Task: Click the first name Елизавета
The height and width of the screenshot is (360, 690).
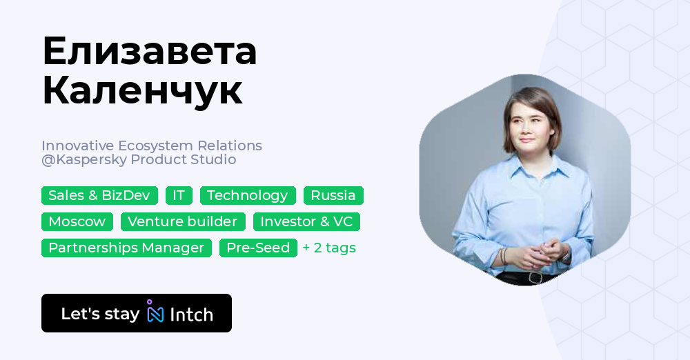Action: click(149, 52)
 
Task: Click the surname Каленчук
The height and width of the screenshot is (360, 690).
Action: click(142, 90)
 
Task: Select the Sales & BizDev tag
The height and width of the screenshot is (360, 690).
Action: click(99, 195)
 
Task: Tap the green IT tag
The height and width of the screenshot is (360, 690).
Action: click(179, 195)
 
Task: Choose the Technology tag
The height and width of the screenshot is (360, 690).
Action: click(248, 195)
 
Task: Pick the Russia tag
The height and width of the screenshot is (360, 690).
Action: click(333, 195)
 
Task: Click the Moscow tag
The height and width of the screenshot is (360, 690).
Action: click(77, 221)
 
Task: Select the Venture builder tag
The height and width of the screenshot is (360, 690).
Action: click(183, 221)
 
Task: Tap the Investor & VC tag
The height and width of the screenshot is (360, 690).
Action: click(306, 221)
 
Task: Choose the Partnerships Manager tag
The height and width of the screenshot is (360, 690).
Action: click(126, 248)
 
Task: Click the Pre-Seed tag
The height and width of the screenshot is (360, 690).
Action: click(258, 248)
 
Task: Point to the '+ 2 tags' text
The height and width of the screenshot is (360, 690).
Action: click(329, 248)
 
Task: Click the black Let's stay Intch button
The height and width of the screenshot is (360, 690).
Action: click(137, 313)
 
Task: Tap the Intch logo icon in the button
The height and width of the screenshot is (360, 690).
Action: click(155, 312)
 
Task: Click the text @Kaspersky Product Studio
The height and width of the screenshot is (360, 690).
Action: click(139, 160)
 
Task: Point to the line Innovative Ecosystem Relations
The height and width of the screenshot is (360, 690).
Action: click(152, 146)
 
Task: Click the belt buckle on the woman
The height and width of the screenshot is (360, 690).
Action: click(535, 277)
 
